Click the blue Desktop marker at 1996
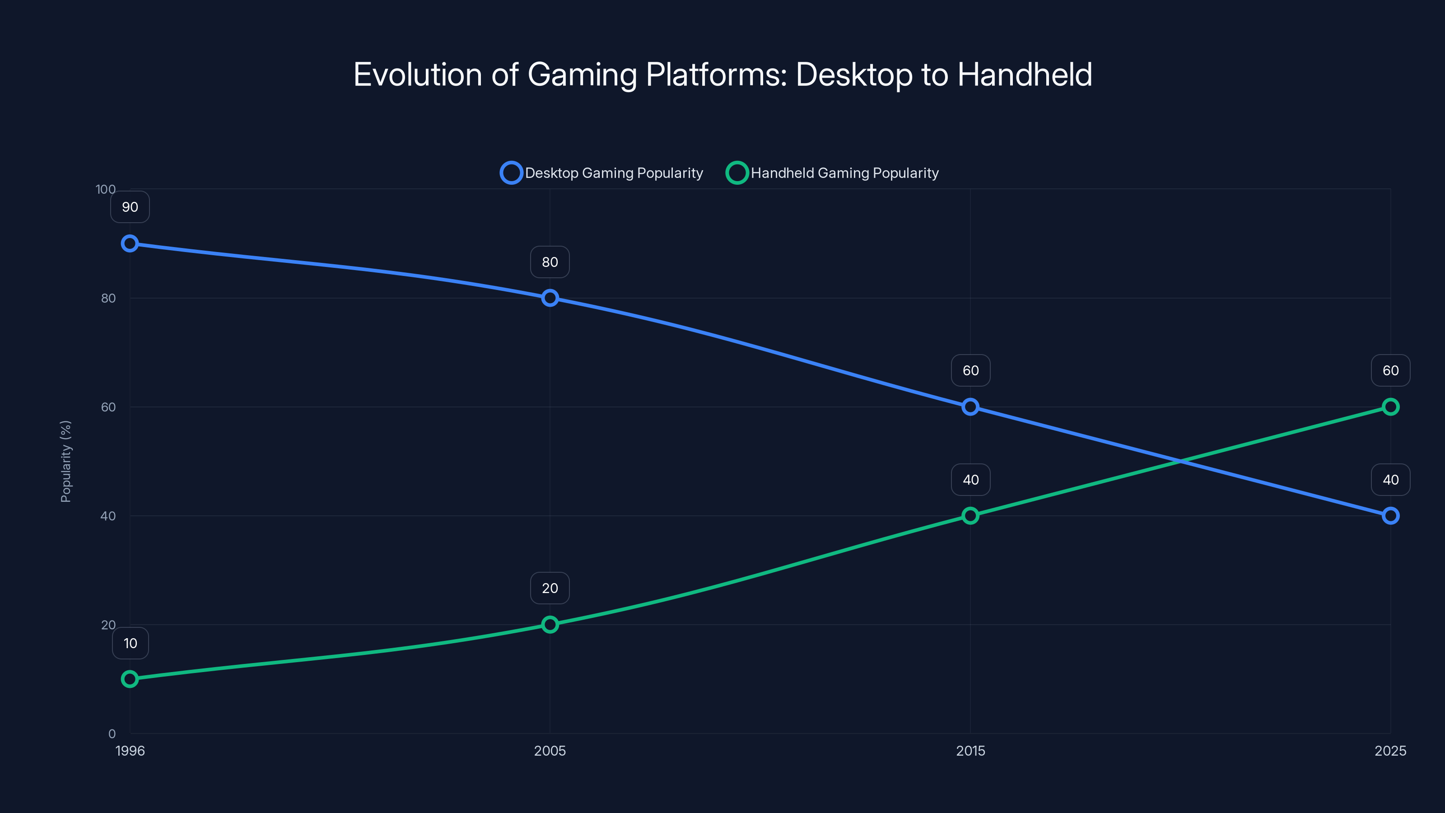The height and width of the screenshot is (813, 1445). [x=130, y=243]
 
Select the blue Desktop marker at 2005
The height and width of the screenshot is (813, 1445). [x=550, y=298]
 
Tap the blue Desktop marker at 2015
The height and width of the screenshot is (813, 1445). [x=970, y=407]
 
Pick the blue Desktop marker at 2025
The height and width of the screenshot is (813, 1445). [x=1390, y=516]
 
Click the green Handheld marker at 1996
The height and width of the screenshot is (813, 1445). [x=130, y=679]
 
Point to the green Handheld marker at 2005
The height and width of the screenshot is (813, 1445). [x=550, y=625]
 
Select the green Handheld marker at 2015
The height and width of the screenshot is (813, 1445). [x=970, y=516]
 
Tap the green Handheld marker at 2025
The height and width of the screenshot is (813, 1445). [x=1390, y=407]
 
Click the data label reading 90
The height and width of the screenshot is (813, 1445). [x=130, y=207]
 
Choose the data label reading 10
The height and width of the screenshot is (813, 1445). [x=130, y=643]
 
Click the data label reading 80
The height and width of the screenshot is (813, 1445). [x=550, y=262]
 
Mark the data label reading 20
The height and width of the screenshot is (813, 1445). [x=550, y=588]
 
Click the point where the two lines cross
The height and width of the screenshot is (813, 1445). [x=1180, y=461]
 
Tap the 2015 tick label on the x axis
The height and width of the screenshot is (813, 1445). [x=970, y=751]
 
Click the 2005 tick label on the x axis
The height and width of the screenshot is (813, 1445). [x=550, y=751]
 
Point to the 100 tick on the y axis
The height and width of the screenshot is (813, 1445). [x=106, y=189]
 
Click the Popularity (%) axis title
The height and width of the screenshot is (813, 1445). [x=65, y=461]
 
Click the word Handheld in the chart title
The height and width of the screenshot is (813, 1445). [x=1024, y=75]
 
